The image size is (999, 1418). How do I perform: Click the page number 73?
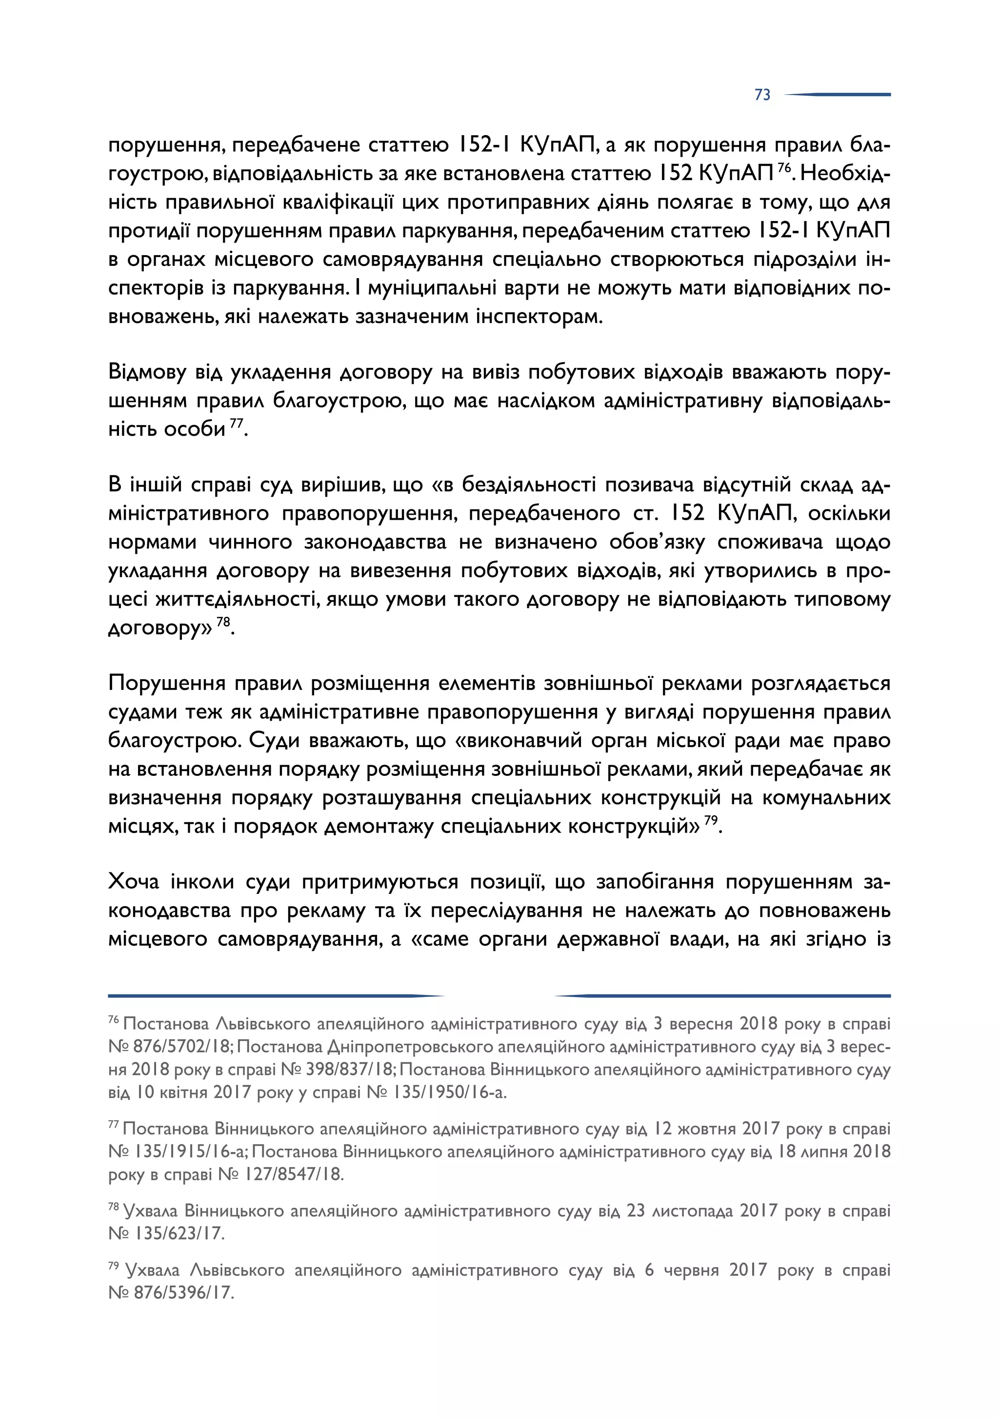pos(762,95)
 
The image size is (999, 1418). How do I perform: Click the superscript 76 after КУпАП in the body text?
pos(784,168)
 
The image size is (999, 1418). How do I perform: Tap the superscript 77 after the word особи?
pos(237,424)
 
